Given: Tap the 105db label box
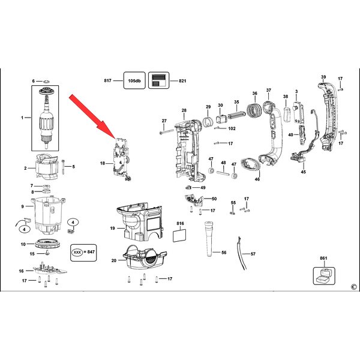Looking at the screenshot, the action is click(134, 80).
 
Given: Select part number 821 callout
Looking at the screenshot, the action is click(182, 81).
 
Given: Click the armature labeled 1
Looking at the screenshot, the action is click(47, 117).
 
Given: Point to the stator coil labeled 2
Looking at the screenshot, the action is click(47, 167).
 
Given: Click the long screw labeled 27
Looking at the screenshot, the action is click(167, 132).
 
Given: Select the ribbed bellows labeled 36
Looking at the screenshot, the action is click(254, 110).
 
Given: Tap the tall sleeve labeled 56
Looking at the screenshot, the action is click(209, 239).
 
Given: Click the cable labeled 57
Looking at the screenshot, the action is click(242, 253).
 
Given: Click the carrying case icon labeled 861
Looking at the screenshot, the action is click(324, 276).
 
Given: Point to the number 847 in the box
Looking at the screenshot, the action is click(91, 252).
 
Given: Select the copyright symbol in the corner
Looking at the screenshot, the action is click(354, 287).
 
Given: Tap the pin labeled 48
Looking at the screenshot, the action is click(223, 173).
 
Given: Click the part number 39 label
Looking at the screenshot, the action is click(323, 77).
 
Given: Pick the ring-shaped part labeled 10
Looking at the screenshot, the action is click(48, 244).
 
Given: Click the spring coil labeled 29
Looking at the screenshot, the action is click(208, 121).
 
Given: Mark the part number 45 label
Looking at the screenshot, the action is click(303, 172).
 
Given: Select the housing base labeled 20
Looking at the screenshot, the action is click(145, 257).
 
